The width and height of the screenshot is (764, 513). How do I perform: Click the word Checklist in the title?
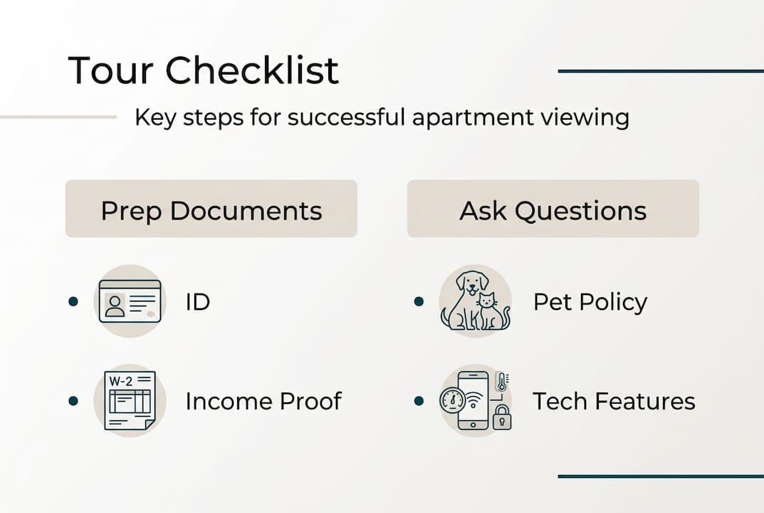tap(252, 71)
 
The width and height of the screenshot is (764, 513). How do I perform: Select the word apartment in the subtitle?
tap(470, 117)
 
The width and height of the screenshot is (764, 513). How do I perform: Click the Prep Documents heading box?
tap(211, 209)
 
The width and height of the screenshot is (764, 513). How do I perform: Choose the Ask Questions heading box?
tap(553, 209)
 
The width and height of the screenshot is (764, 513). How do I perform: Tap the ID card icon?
tap(130, 301)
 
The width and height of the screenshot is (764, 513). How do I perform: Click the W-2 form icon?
tap(130, 400)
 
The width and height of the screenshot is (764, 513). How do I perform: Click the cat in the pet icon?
tap(491, 311)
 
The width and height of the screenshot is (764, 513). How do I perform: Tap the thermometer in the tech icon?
tap(502, 383)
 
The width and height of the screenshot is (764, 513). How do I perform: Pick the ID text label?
tap(197, 302)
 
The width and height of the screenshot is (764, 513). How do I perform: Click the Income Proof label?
tap(263, 401)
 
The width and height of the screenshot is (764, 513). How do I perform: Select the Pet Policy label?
tap(590, 302)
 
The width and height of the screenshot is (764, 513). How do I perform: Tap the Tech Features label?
tap(614, 401)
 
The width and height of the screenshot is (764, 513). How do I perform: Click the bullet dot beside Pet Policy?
tap(419, 302)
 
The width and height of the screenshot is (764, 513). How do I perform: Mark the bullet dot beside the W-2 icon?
tap(73, 401)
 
